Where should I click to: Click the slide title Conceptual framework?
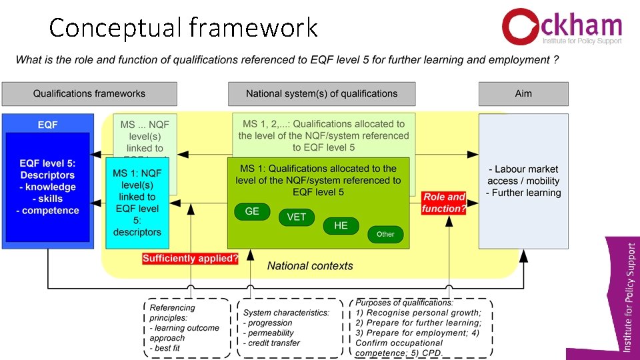point(183,28)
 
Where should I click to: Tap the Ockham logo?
point(561,27)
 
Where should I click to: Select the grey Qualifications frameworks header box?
point(89,93)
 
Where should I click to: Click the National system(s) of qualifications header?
point(321,93)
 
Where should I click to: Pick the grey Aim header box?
point(523,93)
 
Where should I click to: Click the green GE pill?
point(252,211)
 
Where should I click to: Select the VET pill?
point(297,217)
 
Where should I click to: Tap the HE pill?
point(341,225)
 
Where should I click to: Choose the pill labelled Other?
point(385,234)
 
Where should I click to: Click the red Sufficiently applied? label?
point(190,259)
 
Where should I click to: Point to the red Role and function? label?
point(443,203)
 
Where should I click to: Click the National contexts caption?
point(310,266)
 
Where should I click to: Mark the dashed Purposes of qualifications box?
point(421,327)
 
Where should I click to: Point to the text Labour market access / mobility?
point(523,175)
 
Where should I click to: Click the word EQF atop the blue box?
point(47,125)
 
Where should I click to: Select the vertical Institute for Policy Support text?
point(630,297)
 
